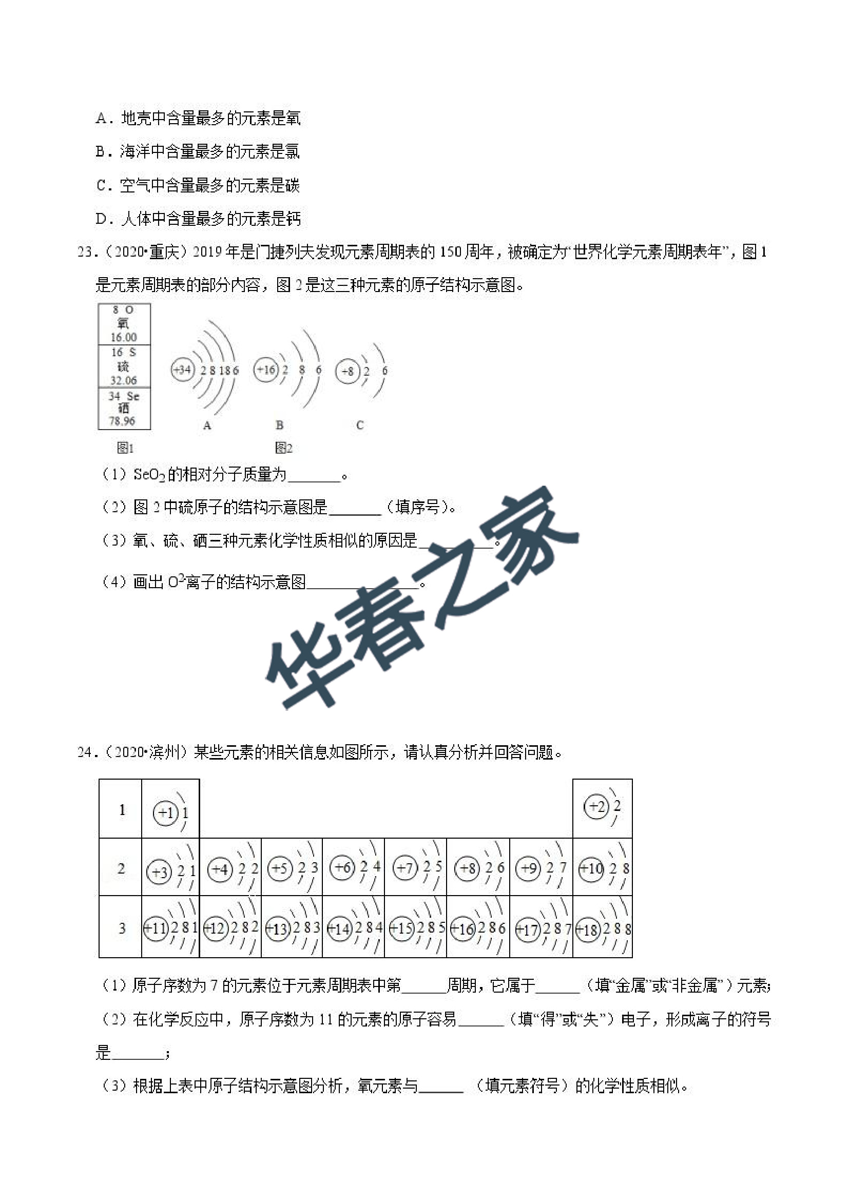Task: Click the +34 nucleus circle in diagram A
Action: click(x=183, y=370)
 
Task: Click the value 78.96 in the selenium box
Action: click(x=122, y=420)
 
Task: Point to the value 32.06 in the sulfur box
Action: click(x=124, y=380)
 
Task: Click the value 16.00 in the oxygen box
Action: click(x=124, y=337)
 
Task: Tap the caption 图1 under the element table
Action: click(x=125, y=448)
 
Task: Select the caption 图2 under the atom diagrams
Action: click(x=283, y=448)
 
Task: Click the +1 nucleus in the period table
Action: click(x=165, y=813)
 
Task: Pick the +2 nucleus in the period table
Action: click(x=596, y=806)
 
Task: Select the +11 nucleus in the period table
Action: click(x=156, y=928)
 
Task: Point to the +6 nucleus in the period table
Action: click(x=343, y=867)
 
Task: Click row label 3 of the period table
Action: click(x=122, y=928)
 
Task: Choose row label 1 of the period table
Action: click(x=122, y=810)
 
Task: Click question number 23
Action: click(x=86, y=252)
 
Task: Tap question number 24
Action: click(x=86, y=752)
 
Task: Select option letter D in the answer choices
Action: click(x=102, y=219)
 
